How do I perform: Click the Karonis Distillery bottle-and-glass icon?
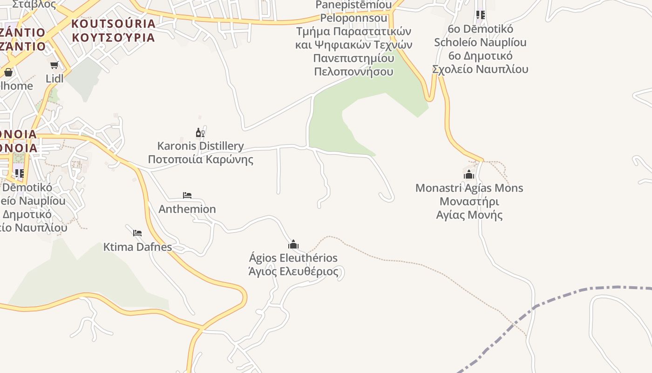click(x=200, y=133)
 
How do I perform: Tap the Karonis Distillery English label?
click(x=200, y=146)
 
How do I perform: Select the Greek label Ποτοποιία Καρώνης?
click(x=200, y=159)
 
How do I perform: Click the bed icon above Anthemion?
click(x=187, y=195)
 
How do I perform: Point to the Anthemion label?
click(x=187, y=209)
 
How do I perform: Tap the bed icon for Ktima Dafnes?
click(x=137, y=233)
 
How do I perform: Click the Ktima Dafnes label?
click(x=137, y=247)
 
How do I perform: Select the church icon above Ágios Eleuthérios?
click(x=293, y=244)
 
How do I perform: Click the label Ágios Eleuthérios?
click(x=293, y=258)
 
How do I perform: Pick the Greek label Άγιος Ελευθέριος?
click(x=293, y=271)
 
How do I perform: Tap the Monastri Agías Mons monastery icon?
click(x=469, y=174)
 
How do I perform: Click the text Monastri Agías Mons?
click(x=469, y=188)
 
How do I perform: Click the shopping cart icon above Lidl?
click(x=54, y=65)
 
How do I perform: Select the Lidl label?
click(x=54, y=78)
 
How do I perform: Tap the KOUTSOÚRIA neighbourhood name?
click(x=114, y=23)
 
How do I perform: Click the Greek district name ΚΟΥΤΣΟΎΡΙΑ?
click(x=114, y=37)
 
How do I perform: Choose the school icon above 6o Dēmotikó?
click(x=481, y=15)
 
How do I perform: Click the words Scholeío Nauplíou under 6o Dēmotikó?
click(x=480, y=42)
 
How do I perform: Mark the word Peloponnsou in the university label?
click(x=354, y=18)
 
